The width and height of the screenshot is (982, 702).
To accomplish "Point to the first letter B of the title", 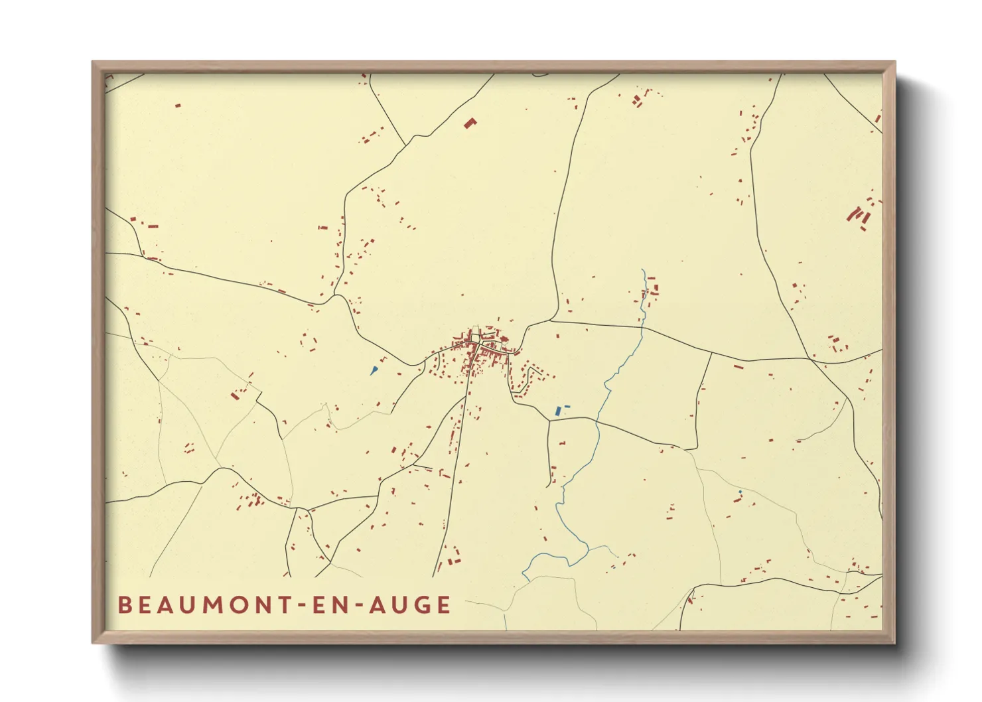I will [x=124, y=605].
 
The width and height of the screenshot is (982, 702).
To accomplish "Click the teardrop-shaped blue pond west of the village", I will [x=374, y=370].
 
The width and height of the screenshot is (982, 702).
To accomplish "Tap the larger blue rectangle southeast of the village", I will [x=558, y=411].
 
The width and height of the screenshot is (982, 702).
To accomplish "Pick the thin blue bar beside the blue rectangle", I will [x=567, y=406].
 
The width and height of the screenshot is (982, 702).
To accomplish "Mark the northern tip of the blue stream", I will [x=643, y=270].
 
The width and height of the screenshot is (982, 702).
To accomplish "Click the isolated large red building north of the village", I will [x=470, y=123].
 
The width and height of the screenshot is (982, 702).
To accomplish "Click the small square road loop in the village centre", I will [x=475, y=338].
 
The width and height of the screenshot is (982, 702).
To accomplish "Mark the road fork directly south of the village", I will [x=466, y=397].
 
